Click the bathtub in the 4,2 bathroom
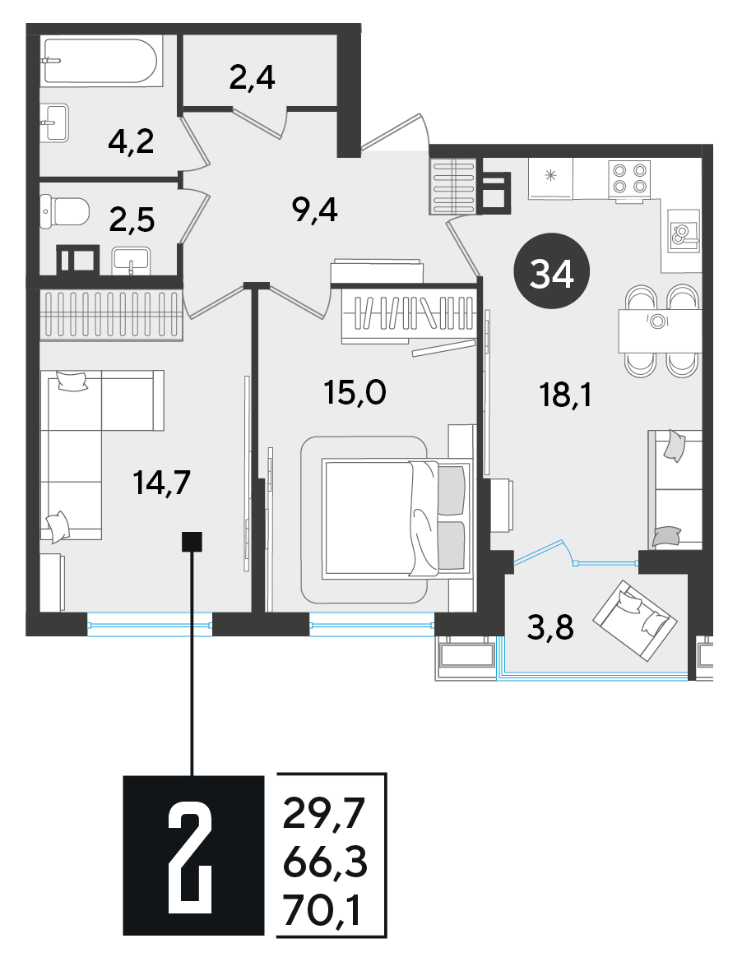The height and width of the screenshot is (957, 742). point(100,61)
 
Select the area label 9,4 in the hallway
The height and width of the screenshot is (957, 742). point(315,210)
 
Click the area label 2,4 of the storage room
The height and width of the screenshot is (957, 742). point(253,77)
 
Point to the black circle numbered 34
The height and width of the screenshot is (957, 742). point(552,271)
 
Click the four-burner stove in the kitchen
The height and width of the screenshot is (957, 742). point(629,179)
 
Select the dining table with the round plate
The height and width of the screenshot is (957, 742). point(659,331)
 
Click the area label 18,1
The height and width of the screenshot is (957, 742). point(565,395)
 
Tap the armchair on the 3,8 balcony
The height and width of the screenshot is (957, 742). point(635,620)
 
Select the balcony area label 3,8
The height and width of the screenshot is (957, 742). point(550,626)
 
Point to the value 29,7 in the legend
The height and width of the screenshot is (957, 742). point(323,814)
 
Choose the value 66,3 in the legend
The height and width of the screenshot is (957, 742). point(326,862)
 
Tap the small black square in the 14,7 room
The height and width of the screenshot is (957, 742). point(192,541)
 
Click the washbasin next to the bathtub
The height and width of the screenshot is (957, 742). point(54,123)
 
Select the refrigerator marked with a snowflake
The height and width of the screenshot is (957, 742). point(550,179)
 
